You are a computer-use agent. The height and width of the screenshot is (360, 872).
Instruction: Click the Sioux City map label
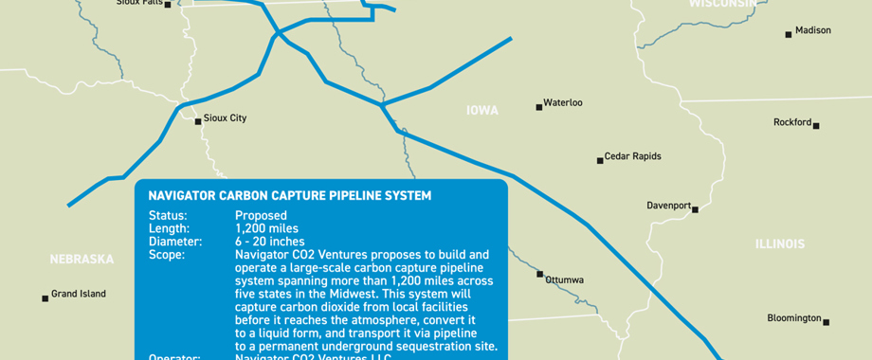click(x=226, y=118)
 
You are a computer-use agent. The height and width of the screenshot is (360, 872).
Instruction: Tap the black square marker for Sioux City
click(x=198, y=121)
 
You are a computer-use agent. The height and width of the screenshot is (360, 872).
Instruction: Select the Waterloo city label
click(x=563, y=102)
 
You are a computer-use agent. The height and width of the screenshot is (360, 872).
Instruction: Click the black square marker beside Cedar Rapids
click(x=600, y=160)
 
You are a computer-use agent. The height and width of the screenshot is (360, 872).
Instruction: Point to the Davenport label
click(x=669, y=205)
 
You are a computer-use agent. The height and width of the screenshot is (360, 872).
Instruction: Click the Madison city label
click(x=813, y=30)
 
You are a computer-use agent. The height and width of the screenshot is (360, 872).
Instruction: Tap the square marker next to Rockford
click(x=815, y=125)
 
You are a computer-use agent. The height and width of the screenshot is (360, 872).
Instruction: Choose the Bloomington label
click(x=793, y=318)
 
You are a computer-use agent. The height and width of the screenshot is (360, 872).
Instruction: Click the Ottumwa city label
click(x=565, y=280)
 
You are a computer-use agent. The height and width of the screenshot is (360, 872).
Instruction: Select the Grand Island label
click(x=79, y=294)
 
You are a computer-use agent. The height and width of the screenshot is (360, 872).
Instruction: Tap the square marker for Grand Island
click(x=45, y=298)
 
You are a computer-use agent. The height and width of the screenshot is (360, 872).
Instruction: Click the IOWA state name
click(x=482, y=111)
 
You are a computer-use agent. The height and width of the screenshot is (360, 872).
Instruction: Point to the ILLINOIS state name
click(x=780, y=244)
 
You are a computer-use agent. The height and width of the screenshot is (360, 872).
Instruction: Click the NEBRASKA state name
click(x=82, y=259)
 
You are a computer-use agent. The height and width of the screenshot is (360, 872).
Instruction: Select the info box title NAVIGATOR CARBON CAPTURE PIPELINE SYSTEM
click(x=290, y=196)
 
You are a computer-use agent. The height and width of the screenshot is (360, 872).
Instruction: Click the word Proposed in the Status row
click(x=261, y=216)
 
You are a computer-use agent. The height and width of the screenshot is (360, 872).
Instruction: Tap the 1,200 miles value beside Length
click(x=266, y=228)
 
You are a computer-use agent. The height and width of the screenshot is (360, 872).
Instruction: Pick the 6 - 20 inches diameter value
click(x=270, y=242)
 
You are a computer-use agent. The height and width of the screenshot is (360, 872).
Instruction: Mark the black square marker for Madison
click(x=789, y=35)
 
